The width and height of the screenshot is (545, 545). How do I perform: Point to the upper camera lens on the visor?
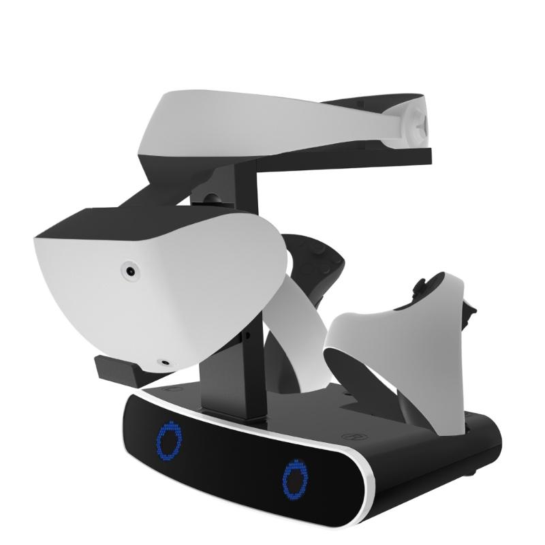129,272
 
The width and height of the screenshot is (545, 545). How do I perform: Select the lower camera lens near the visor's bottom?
163,363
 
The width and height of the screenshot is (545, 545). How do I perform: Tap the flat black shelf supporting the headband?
341,158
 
